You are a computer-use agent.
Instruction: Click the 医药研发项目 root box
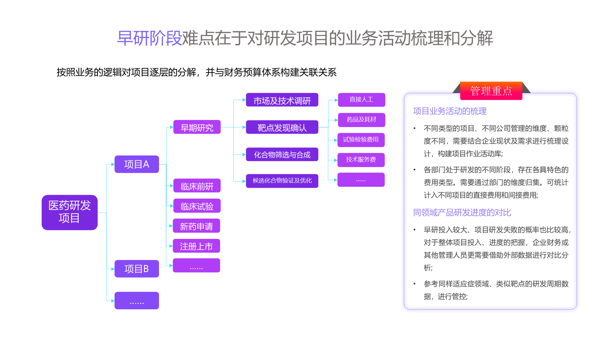(x=70, y=212)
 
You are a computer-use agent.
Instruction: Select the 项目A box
(x=137, y=164)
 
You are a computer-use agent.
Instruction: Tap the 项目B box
(x=137, y=269)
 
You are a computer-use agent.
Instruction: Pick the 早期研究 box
(x=197, y=127)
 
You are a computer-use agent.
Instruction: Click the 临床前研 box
(x=197, y=186)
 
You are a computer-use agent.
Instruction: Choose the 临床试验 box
(x=197, y=206)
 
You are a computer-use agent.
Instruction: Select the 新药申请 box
(x=196, y=226)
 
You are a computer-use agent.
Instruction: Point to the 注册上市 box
(x=196, y=246)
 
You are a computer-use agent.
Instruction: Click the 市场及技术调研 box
(x=282, y=100)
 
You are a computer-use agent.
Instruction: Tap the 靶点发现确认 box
(x=282, y=127)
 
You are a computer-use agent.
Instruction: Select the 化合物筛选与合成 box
(x=282, y=154)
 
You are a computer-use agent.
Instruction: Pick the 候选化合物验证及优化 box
(x=282, y=181)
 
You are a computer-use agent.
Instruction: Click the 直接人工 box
(x=361, y=100)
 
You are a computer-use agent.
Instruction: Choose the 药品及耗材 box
(x=361, y=120)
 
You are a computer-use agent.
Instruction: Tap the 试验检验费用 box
(x=361, y=140)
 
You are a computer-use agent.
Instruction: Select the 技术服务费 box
(x=361, y=160)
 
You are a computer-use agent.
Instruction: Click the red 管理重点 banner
(x=491, y=91)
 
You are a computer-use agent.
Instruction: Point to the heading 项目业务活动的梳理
(x=450, y=111)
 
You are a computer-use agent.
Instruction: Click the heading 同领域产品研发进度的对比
(x=462, y=213)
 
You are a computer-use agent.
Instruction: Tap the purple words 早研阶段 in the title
(x=149, y=38)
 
